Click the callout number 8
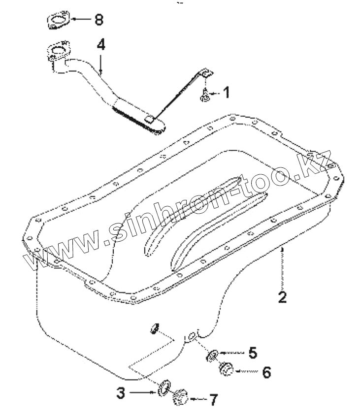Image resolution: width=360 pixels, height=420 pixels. click(98, 20)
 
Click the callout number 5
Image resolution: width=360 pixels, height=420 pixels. click(252, 353)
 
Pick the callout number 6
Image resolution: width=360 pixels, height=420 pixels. click(266, 372)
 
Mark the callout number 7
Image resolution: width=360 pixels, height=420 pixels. click(213, 400)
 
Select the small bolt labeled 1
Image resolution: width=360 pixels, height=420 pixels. click(204, 97)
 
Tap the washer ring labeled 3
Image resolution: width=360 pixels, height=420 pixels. click(164, 388)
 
